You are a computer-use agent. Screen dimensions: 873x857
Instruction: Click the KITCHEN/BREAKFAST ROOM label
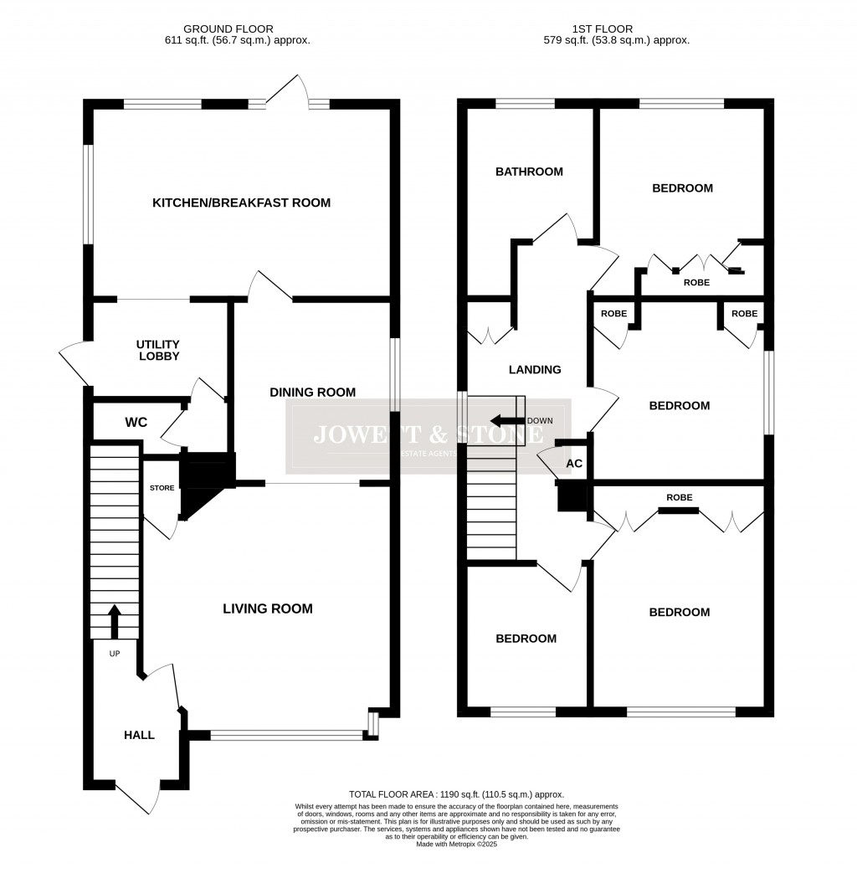pyautogui.click(x=241, y=203)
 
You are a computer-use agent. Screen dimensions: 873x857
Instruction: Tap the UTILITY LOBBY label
pyautogui.click(x=158, y=350)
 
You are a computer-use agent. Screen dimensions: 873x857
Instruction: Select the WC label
pyautogui.click(x=136, y=423)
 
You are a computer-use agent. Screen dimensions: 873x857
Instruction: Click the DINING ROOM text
pyautogui.click(x=312, y=392)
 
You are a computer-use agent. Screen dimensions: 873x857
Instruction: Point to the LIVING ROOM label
pyautogui.click(x=267, y=609)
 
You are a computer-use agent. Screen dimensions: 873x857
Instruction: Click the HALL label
pyautogui.click(x=139, y=735)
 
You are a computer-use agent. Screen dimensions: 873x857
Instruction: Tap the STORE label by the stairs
pyautogui.click(x=162, y=488)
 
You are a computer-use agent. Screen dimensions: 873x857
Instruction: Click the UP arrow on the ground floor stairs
pyautogui.click(x=114, y=623)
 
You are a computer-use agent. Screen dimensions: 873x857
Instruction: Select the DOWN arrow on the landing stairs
pyautogui.click(x=505, y=420)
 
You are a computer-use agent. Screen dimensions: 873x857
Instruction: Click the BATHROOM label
pyautogui.click(x=529, y=172)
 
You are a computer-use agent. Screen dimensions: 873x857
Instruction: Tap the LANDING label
pyautogui.click(x=535, y=369)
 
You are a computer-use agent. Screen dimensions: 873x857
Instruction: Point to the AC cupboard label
pyautogui.click(x=574, y=463)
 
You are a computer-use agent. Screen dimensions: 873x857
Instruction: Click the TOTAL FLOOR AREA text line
pyautogui.click(x=456, y=793)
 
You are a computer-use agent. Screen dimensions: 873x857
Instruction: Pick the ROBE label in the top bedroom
pyautogui.click(x=696, y=283)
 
